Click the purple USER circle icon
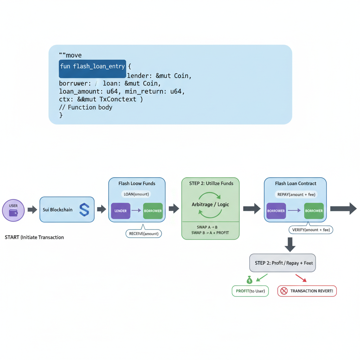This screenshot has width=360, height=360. (13, 210)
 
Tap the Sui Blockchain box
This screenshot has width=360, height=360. (67, 210)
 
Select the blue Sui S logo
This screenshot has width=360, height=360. (84, 210)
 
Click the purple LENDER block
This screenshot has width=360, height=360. (121, 211)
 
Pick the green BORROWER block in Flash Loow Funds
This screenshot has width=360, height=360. (153, 211)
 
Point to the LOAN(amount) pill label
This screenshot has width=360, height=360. (136, 194)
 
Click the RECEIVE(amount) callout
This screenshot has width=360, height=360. (143, 233)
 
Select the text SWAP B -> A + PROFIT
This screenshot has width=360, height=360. (210, 233)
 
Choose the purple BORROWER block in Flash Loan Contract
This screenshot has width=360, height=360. (276, 211)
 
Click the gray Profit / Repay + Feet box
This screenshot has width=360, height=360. (283, 263)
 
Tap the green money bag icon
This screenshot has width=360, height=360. (249, 280)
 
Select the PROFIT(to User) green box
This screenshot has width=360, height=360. (250, 291)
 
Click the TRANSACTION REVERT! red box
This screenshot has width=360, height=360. (307, 291)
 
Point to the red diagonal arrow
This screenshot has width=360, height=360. (301, 278)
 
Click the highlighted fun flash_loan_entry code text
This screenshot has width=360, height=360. (92, 66)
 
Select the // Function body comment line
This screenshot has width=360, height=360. (85, 107)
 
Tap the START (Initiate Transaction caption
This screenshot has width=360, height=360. (34, 237)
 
